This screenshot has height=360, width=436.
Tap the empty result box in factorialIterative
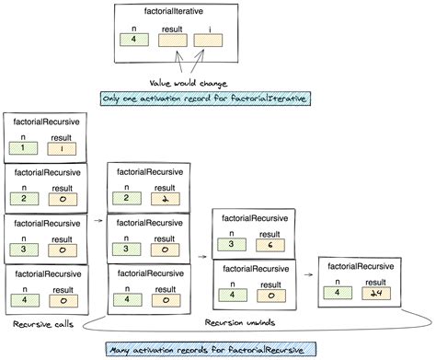click(x=169, y=41)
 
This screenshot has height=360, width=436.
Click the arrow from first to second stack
click(x=98, y=221)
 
